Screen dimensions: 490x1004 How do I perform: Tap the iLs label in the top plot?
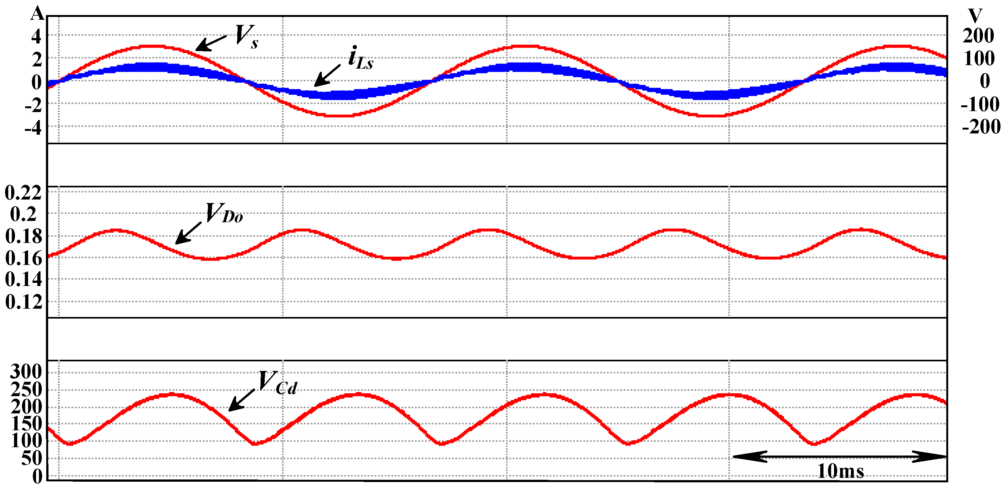(x=360, y=58)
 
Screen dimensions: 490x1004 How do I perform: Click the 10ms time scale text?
(x=840, y=471)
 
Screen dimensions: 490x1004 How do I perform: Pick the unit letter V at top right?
(x=975, y=16)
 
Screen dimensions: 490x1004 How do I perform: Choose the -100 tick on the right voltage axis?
(x=980, y=104)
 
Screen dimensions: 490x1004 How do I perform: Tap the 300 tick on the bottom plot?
(x=26, y=371)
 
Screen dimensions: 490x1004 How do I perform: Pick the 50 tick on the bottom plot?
(x=32, y=458)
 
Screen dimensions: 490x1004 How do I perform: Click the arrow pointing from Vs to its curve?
(x=211, y=43)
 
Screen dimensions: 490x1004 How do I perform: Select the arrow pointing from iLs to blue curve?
(x=328, y=75)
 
